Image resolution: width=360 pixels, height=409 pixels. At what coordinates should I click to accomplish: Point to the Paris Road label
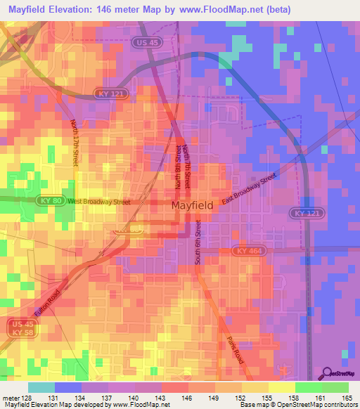238,349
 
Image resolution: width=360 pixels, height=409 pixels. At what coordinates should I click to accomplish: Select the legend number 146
187,396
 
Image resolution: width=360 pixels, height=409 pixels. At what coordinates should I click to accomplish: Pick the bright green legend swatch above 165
335,387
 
